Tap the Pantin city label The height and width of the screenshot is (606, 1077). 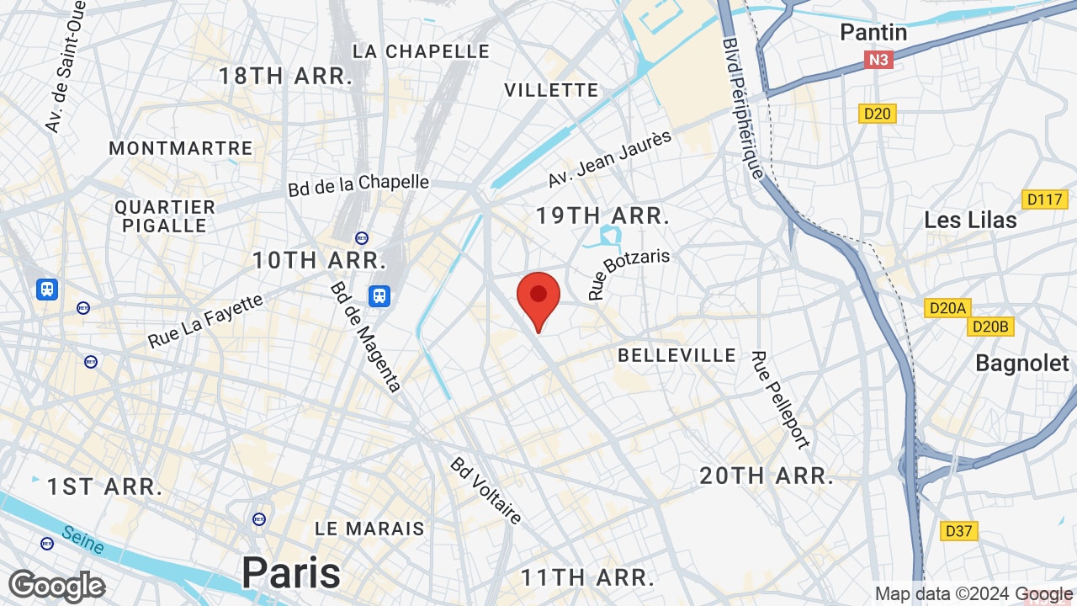(x=873, y=33)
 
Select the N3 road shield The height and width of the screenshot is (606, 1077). (x=878, y=60)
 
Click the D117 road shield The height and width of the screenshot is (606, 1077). (x=1044, y=200)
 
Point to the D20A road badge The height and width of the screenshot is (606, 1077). (x=947, y=308)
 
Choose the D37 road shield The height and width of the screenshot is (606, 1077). (x=958, y=531)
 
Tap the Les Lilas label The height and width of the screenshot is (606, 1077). (x=970, y=221)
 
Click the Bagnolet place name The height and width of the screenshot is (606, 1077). (x=1021, y=363)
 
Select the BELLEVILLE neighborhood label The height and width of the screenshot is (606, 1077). (x=676, y=355)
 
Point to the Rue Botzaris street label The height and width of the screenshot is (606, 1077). (x=629, y=274)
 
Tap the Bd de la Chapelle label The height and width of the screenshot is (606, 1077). (x=358, y=184)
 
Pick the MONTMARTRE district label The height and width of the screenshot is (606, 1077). (x=181, y=148)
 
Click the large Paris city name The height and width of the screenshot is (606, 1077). (x=291, y=573)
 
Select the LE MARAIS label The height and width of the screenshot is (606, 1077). (x=369, y=529)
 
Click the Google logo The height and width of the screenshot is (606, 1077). (x=56, y=587)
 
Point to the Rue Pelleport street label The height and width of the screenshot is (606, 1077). (x=780, y=400)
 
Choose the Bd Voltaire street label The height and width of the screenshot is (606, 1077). (x=486, y=490)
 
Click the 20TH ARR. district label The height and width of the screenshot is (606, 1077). (x=767, y=476)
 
